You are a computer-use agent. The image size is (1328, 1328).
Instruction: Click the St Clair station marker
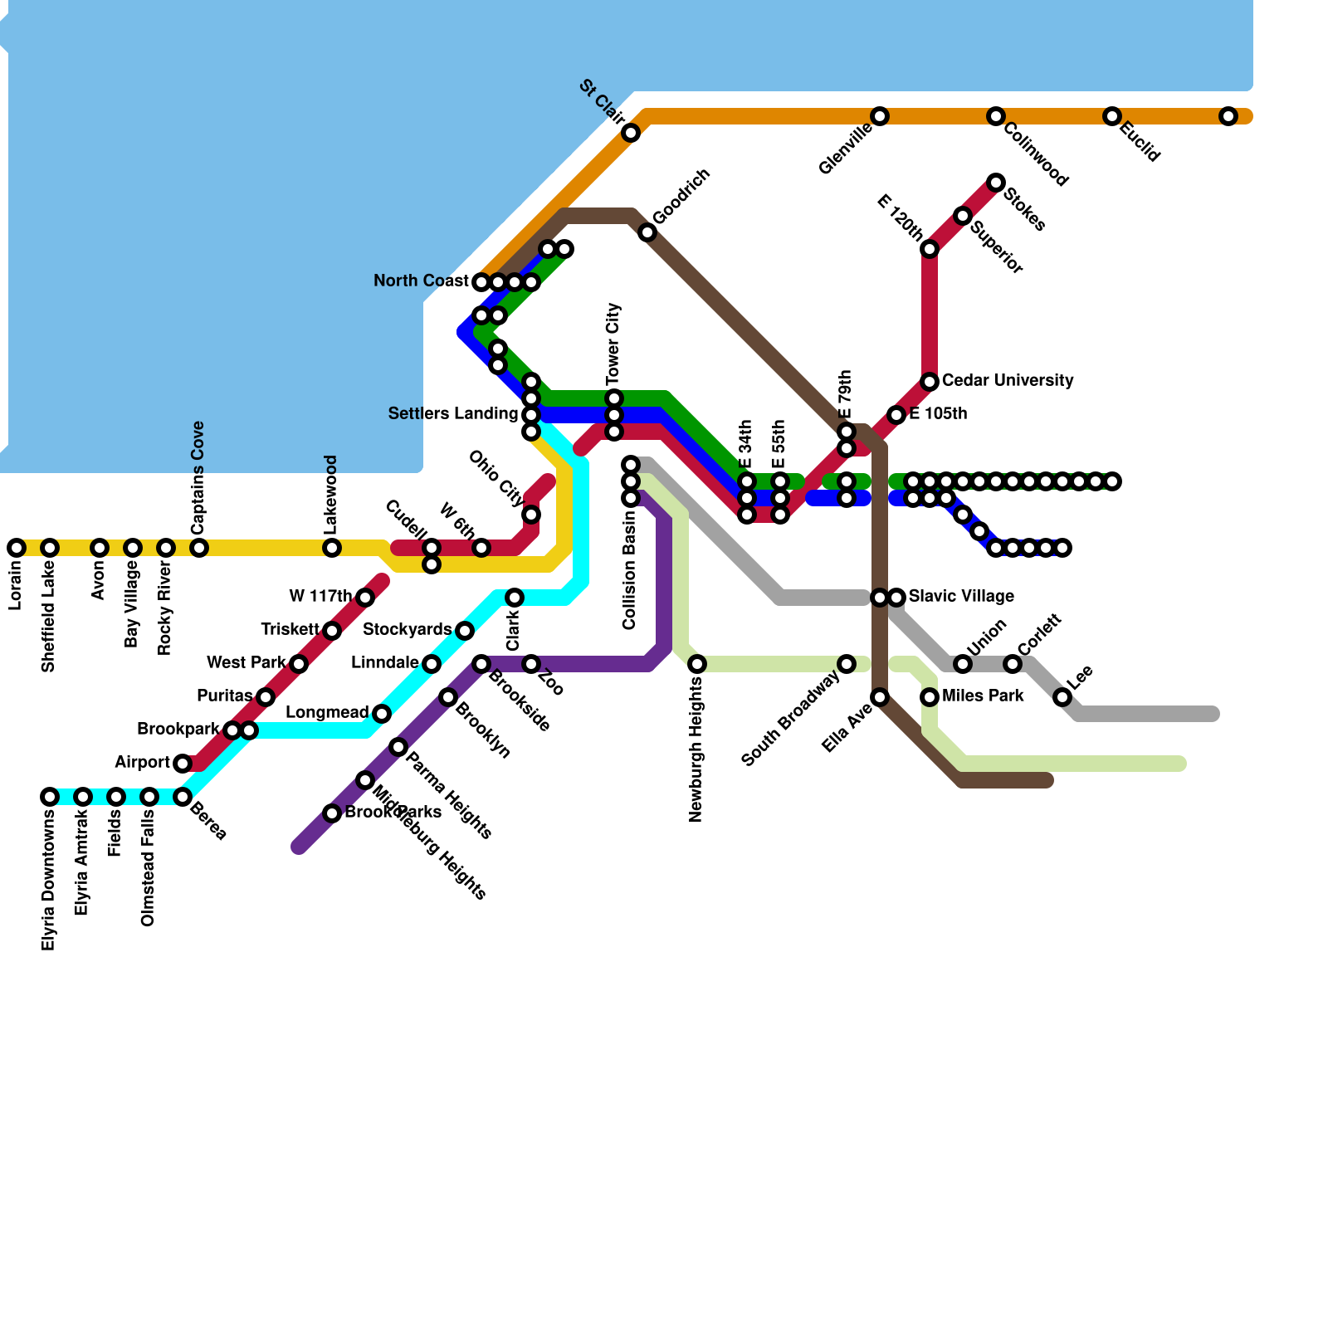coord(631,133)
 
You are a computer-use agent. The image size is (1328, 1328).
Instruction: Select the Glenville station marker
coord(880,116)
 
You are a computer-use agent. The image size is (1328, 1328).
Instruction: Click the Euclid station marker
coord(1112,116)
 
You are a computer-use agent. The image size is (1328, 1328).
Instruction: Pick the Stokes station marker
coord(996,183)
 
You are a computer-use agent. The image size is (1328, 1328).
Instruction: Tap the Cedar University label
coord(1008,381)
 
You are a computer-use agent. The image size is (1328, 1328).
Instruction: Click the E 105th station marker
coord(896,415)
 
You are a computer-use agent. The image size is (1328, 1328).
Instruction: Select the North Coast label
coord(421,281)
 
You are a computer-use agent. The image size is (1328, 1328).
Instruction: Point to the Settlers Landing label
coord(452,414)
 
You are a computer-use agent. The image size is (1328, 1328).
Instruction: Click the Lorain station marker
coord(17,548)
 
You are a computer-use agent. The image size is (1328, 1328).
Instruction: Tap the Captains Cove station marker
coord(199,548)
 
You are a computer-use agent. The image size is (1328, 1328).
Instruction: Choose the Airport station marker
coord(183,764)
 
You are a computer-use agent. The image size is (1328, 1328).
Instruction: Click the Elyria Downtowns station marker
coord(50,797)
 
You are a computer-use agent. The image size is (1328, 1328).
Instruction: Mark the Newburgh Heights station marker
coord(697,664)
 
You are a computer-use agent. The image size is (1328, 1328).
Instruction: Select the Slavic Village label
coord(961,597)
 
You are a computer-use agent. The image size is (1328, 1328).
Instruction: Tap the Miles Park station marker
coord(930,697)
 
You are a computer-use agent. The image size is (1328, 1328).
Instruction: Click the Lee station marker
coord(1062,697)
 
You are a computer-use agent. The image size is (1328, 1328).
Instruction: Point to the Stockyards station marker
coord(465,631)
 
